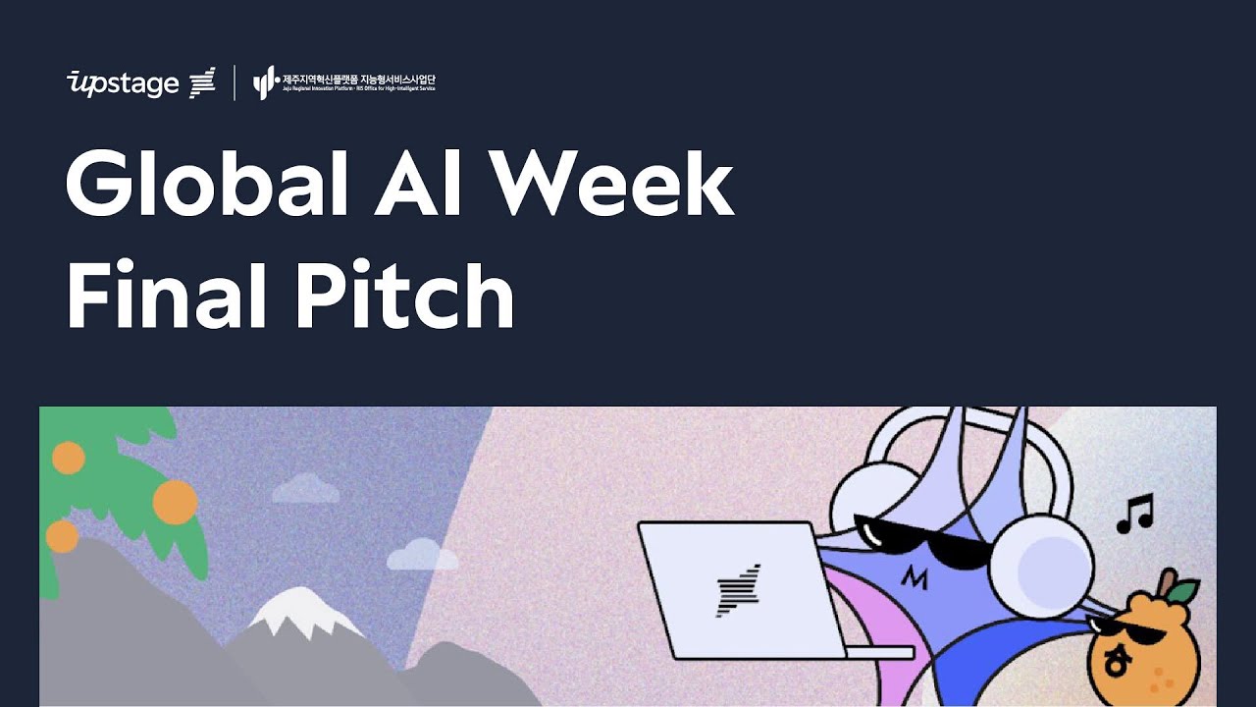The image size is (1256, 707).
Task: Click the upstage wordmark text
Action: pos(123,83)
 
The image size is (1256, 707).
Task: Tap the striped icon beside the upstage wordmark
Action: pos(202,82)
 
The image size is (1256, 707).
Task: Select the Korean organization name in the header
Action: pos(358,79)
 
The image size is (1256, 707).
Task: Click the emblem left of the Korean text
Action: pos(265,82)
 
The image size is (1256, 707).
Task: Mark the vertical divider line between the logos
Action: pos(235,82)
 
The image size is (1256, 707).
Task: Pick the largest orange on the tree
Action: pos(175,501)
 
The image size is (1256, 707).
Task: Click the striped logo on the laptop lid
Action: pos(739,590)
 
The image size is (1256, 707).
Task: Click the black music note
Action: pos(1135,514)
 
